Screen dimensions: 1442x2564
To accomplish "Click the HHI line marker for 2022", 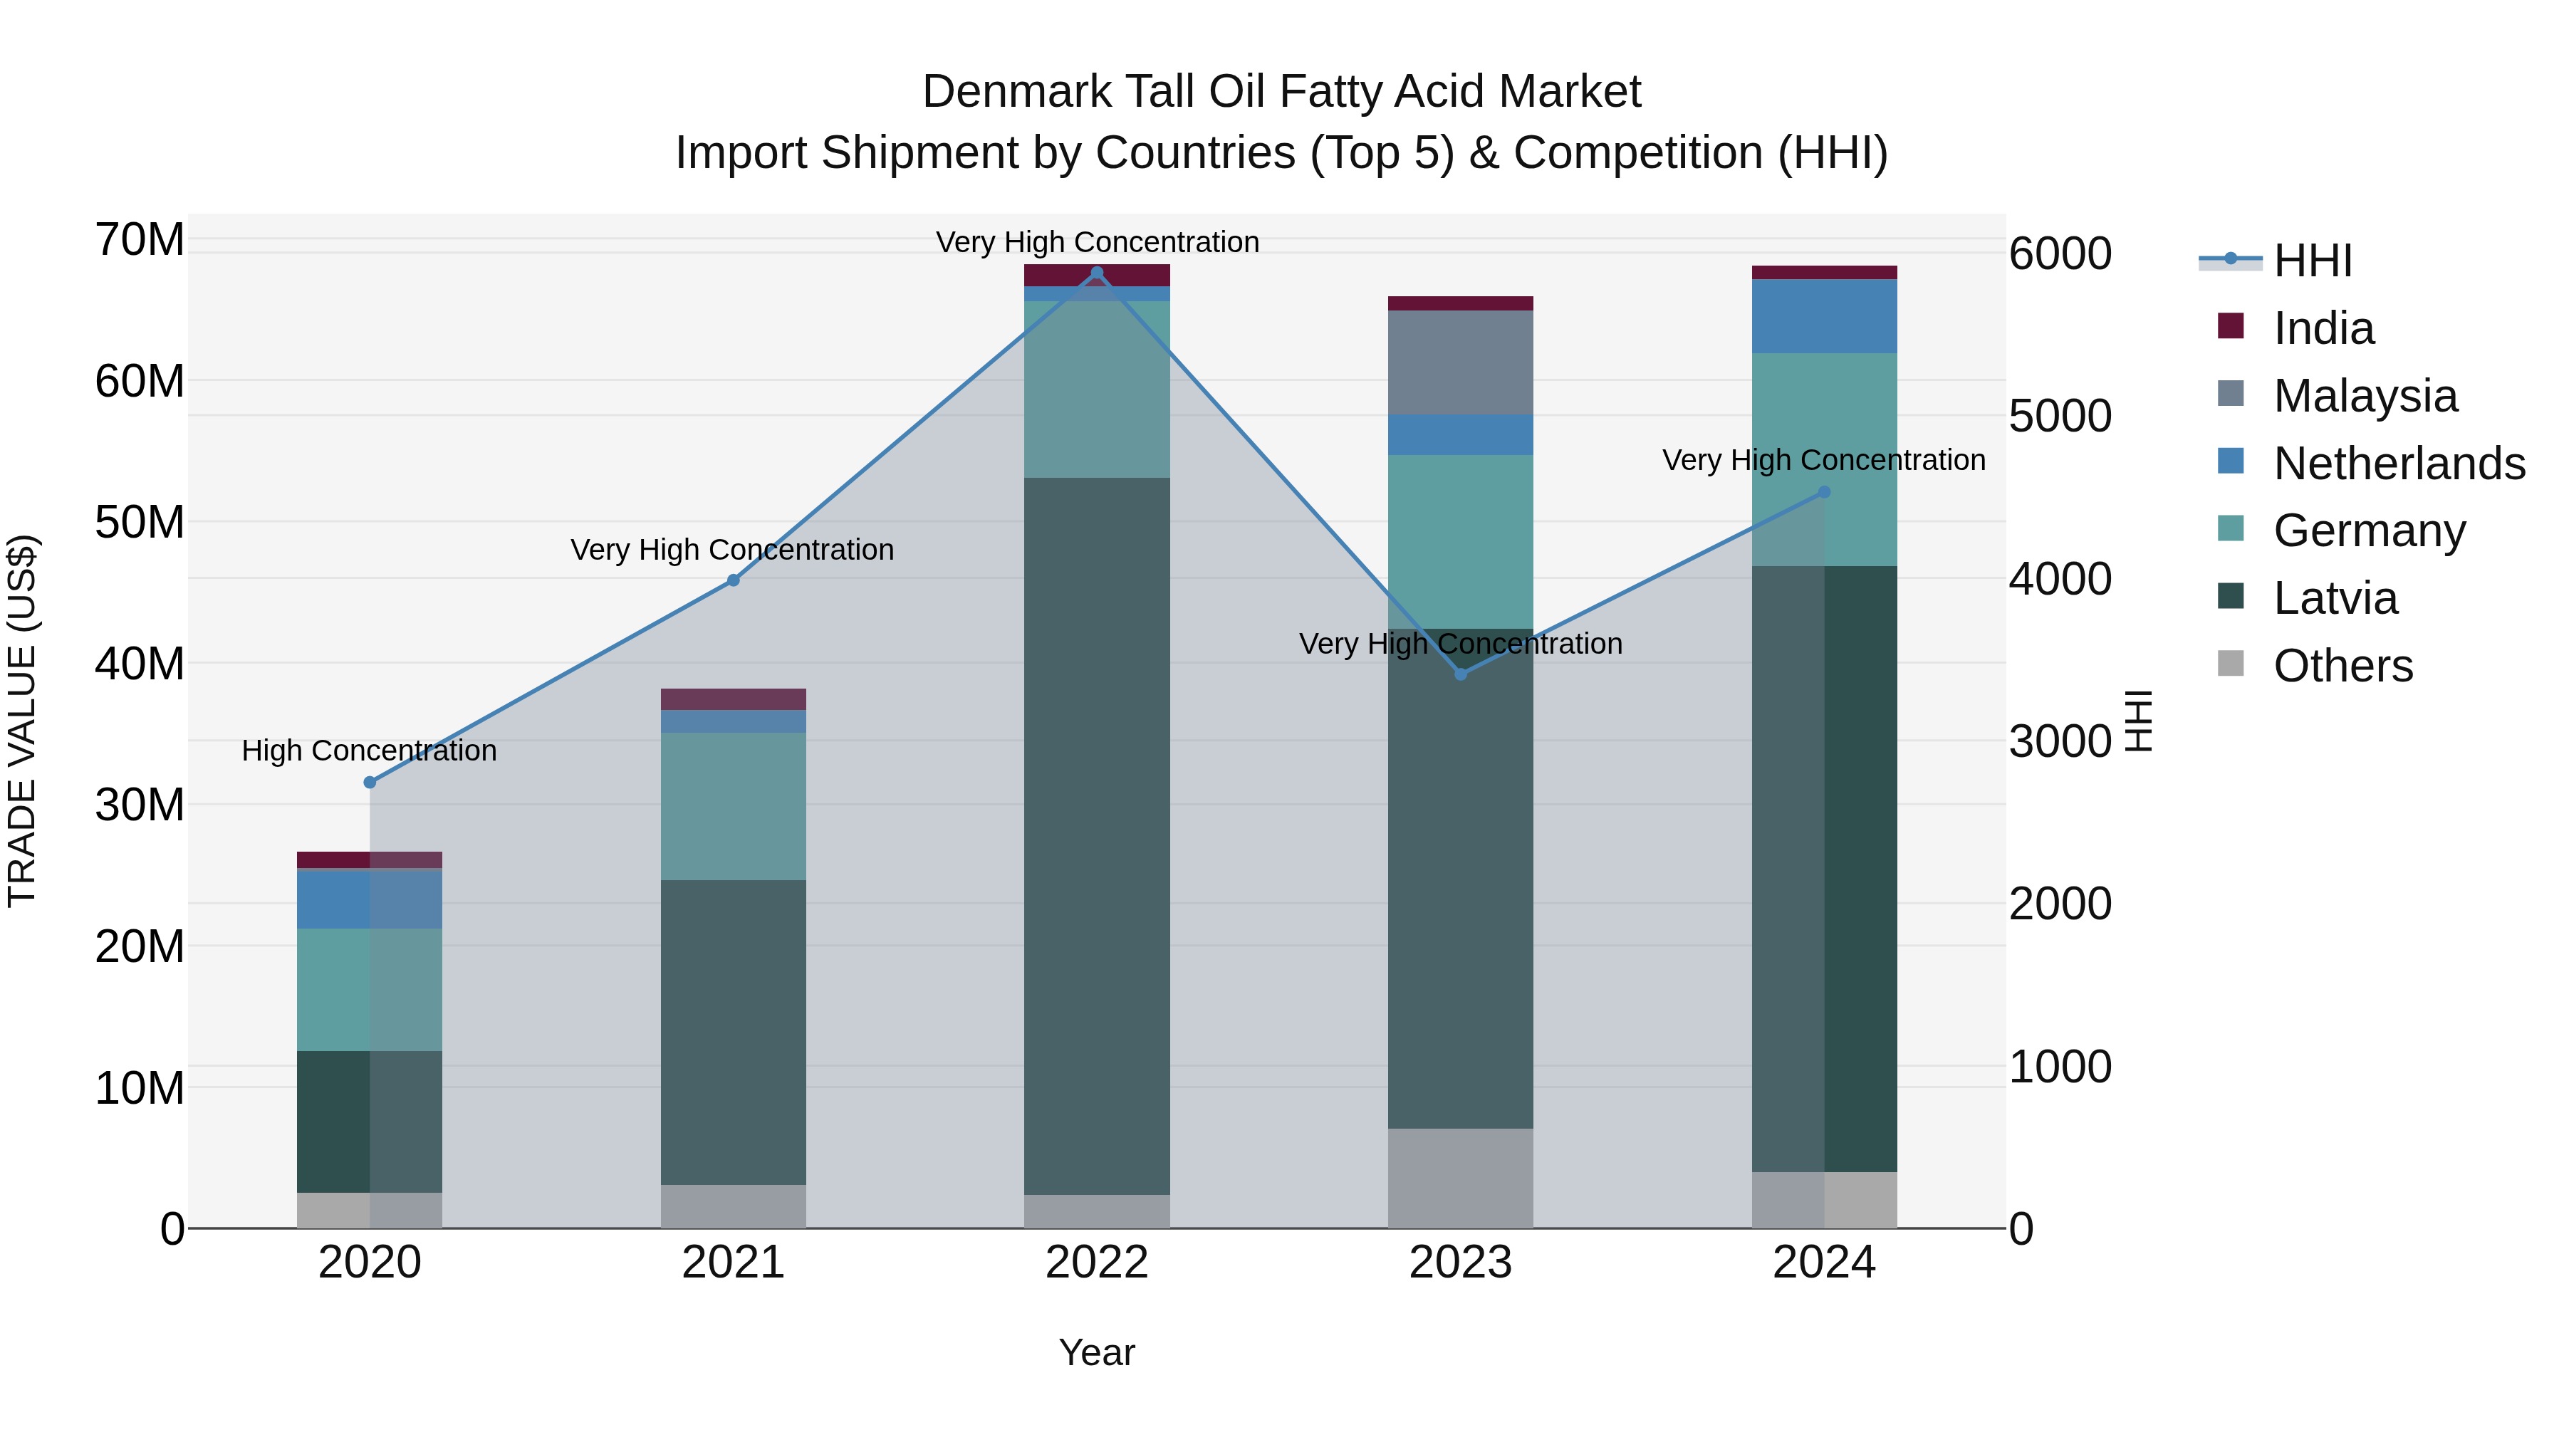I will point(1097,273).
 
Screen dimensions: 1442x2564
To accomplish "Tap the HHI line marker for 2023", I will point(1460,675).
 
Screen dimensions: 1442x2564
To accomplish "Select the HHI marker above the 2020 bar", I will point(369,782).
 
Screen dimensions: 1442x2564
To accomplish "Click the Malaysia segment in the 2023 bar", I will point(1460,362).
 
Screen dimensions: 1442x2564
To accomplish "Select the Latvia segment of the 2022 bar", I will point(1097,836).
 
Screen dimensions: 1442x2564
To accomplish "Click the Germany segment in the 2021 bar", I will point(734,806).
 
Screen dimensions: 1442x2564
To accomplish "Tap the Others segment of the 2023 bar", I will point(1460,1179).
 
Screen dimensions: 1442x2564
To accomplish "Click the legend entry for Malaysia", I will point(2365,396).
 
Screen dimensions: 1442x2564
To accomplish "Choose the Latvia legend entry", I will point(2335,598).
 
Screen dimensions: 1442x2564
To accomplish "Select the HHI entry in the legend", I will point(2312,261).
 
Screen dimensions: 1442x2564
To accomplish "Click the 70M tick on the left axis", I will point(140,240).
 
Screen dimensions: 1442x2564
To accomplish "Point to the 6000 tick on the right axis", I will point(2059,254).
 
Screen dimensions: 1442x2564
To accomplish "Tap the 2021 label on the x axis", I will point(734,1263).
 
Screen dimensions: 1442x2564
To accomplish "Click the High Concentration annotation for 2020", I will point(369,751).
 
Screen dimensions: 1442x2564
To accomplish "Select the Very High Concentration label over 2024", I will point(1823,460).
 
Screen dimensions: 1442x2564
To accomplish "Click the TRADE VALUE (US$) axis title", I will point(22,721).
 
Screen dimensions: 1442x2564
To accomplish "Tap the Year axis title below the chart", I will point(1097,1352).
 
